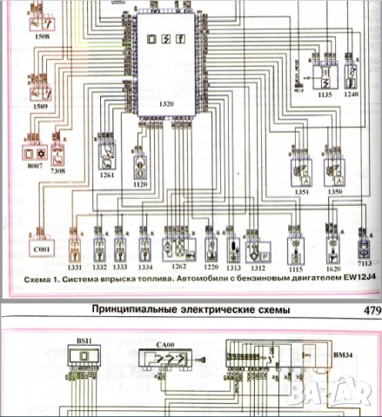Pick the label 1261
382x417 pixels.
pyautogui.click(x=106, y=176)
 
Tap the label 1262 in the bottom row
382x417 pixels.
pyautogui.click(x=179, y=268)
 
